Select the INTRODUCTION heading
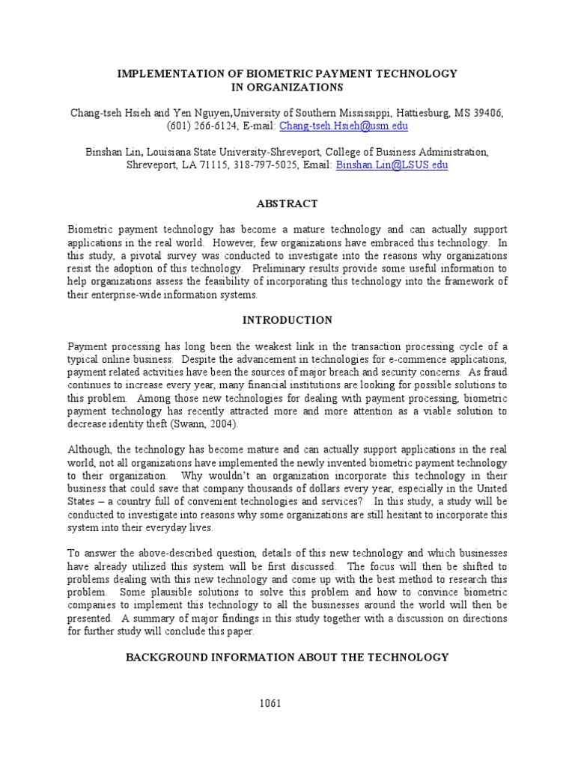click(x=287, y=320)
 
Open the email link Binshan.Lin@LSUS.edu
click(x=392, y=165)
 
